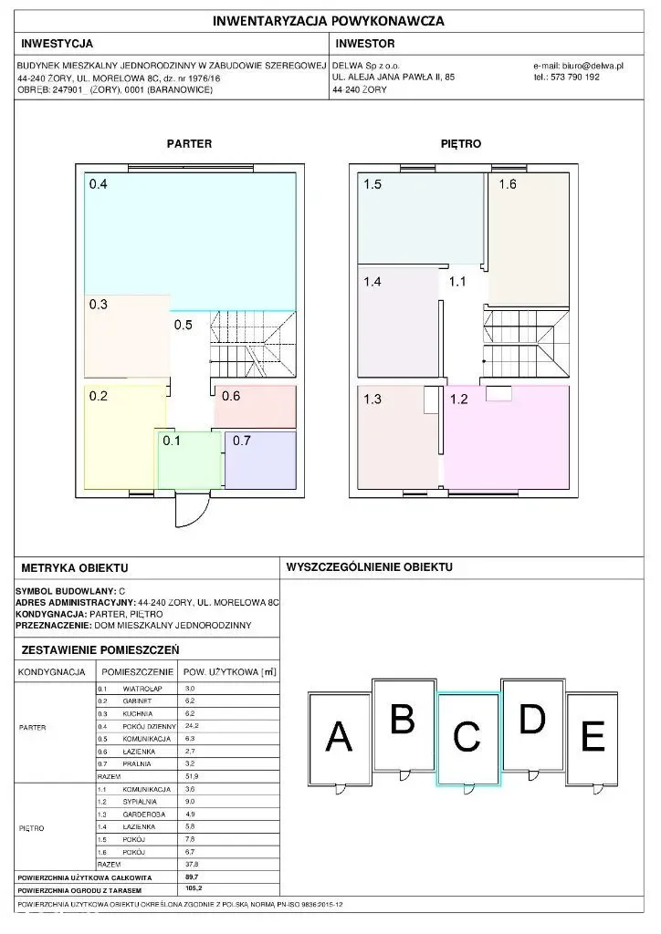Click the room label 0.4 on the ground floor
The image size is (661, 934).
point(99,184)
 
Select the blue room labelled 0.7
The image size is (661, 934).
point(260,462)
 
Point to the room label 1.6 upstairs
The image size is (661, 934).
point(508,184)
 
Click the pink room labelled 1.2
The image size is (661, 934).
point(507,438)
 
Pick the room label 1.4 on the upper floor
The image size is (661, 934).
point(372,282)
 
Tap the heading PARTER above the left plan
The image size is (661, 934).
point(189,144)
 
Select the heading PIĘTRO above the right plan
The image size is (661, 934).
point(462,144)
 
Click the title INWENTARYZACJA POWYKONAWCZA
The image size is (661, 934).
point(330,20)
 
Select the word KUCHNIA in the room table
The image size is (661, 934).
point(139,713)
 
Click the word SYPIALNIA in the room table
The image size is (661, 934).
point(140,802)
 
